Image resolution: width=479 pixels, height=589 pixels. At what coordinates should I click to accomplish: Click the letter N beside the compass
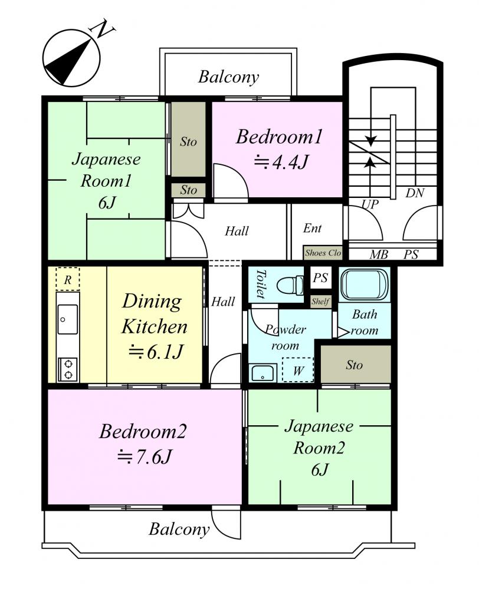pos(102,29)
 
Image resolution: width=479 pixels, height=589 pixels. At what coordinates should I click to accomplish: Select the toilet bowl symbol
pos(290,285)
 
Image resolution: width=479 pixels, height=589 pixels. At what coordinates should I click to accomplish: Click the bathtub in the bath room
pos(363,284)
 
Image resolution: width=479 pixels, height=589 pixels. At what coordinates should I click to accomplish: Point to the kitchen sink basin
pos(68,319)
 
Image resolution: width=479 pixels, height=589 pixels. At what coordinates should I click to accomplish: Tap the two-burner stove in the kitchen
pos(68,369)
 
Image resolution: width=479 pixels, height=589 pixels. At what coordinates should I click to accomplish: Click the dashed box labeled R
pos(68,279)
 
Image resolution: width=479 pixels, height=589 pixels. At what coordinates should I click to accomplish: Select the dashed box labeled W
pos(298,370)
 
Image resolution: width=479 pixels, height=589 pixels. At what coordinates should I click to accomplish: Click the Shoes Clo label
pos(323,253)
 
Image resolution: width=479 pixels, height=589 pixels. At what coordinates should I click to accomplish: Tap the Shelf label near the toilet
pos(320,301)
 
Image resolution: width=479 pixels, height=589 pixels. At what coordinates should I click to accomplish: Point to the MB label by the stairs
pos(379,254)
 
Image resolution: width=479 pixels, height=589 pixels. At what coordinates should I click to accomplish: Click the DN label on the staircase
pos(415,193)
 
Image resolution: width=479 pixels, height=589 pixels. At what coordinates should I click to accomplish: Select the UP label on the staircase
pos(370,204)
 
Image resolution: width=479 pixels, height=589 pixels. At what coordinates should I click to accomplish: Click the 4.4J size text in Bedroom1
pos(281,162)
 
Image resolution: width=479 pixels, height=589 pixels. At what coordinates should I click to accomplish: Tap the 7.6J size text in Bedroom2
pos(145,457)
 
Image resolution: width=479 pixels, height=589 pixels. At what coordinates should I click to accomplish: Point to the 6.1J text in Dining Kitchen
pos(155,352)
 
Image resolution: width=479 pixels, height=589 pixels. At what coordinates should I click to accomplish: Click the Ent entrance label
pos(312,228)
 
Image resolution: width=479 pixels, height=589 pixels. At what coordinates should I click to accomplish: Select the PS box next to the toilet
pos(320,277)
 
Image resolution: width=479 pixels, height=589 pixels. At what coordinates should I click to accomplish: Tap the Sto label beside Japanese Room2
pos(354,365)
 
